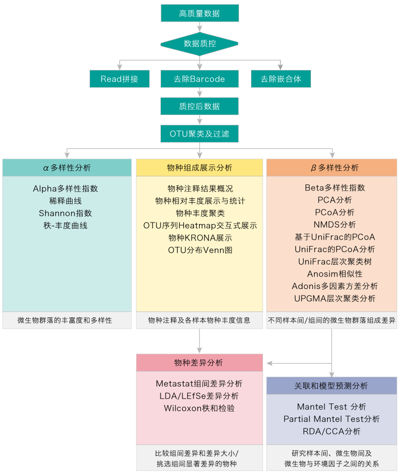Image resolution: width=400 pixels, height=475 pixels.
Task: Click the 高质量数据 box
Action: click(x=199, y=13)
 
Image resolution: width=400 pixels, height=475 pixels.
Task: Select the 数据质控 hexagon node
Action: click(x=199, y=44)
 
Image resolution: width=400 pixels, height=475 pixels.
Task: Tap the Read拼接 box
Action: click(x=119, y=79)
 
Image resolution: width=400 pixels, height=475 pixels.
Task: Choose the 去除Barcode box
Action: click(x=199, y=79)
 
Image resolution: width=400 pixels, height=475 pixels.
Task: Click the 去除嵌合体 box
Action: click(x=281, y=79)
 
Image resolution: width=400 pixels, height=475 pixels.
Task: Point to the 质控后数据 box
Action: click(x=199, y=106)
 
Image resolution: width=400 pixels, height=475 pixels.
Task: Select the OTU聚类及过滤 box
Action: click(x=199, y=134)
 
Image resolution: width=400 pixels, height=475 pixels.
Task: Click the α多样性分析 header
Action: click(x=67, y=168)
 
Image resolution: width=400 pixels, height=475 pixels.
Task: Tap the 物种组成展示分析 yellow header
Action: click(x=199, y=168)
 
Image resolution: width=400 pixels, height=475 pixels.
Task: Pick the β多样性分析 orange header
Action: click(x=331, y=168)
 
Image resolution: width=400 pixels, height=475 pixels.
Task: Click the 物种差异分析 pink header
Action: click(x=199, y=363)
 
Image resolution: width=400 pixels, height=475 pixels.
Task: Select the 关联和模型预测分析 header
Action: click(x=331, y=386)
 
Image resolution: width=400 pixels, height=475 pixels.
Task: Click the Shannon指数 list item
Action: click(x=65, y=213)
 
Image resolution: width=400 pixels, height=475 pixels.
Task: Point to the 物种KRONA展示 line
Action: click(x=200, y=238)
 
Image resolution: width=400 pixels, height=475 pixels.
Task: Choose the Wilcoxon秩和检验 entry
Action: click(x=199, y=408)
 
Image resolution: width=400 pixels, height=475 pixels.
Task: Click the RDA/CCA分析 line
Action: click(x=331, y=431)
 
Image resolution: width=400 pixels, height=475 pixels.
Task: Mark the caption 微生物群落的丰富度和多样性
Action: click(x=65, y=320)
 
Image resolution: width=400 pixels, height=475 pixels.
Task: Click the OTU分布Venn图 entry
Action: click(x=200, y=250)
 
